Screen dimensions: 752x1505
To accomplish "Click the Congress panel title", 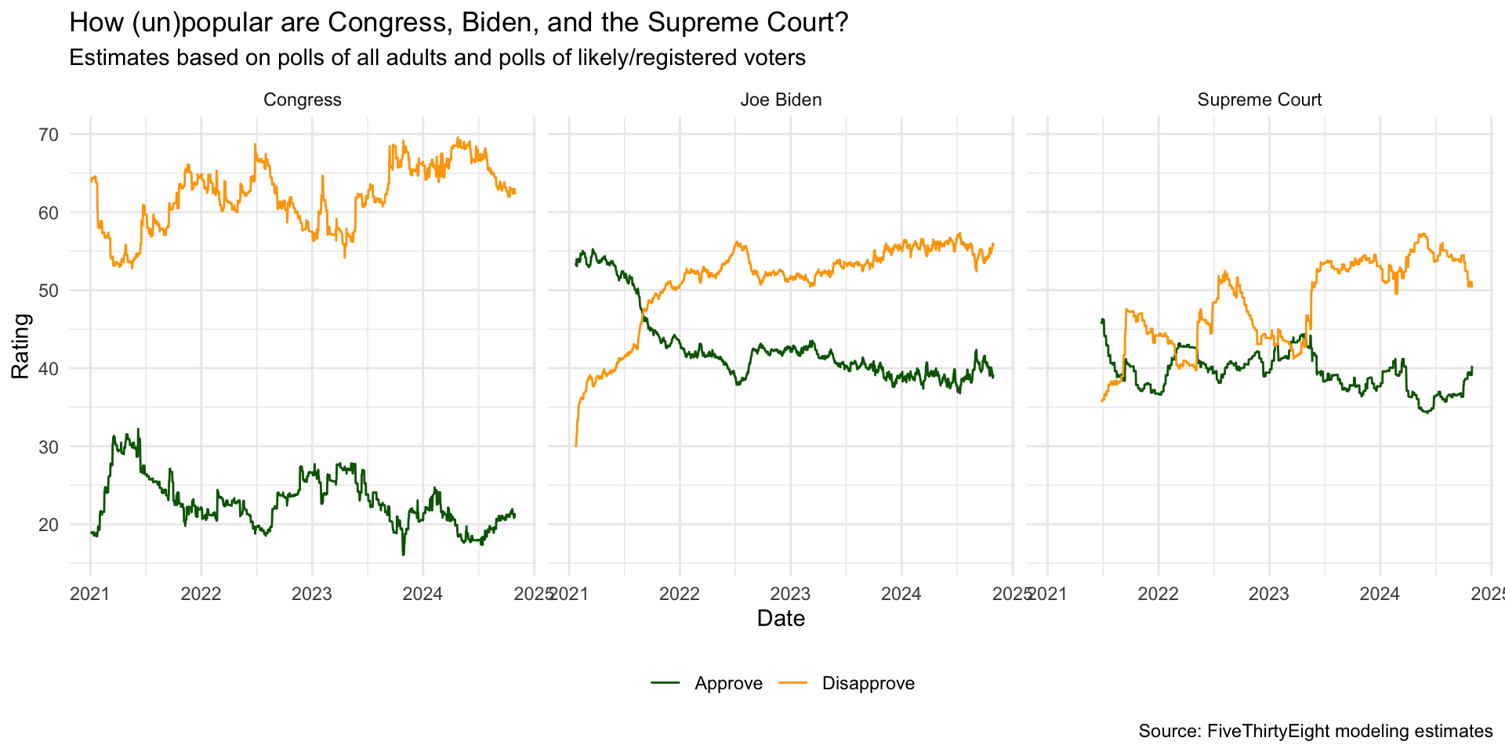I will click(x=302, y=100).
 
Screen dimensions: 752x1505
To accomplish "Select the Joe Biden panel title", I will click(x=781, y=100).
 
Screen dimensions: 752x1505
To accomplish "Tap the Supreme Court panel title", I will click(x=1259, y=100).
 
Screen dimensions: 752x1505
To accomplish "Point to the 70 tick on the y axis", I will click(x=48, y=135).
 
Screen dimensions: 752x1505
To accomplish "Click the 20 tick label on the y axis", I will click(x=48, y=525).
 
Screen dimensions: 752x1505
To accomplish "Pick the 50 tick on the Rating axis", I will click(x=48, y=291).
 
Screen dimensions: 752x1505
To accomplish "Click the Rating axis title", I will click(x=20, y=345).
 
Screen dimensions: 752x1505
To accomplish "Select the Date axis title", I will click(x=781, y=619).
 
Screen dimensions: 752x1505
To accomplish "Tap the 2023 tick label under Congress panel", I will click(x=312, y=594).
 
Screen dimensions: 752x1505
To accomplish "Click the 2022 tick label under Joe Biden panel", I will click(x=679, y=594).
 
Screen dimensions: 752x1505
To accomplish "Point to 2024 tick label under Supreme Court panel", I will click(x=1380, y=594).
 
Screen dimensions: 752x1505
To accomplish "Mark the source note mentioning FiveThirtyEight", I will click(x=1315, y=732).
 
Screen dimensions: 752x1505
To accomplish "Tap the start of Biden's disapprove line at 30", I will click(x=576, y=446).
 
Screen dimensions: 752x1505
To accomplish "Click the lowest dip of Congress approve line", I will click(x=404, y=555).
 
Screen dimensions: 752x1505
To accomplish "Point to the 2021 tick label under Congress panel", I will click(x=90, y=594).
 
